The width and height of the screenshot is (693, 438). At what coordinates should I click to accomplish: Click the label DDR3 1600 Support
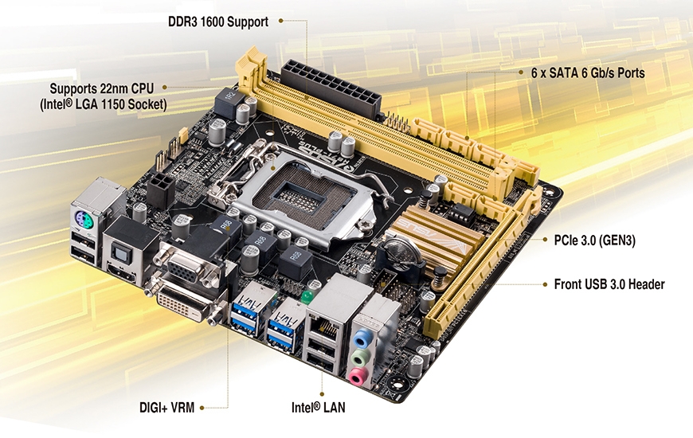217,21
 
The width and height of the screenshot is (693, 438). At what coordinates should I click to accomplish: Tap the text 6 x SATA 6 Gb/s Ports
587,72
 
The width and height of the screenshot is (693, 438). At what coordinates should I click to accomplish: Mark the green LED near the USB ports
304,299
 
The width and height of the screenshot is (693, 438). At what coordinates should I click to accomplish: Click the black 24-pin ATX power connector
329,88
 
